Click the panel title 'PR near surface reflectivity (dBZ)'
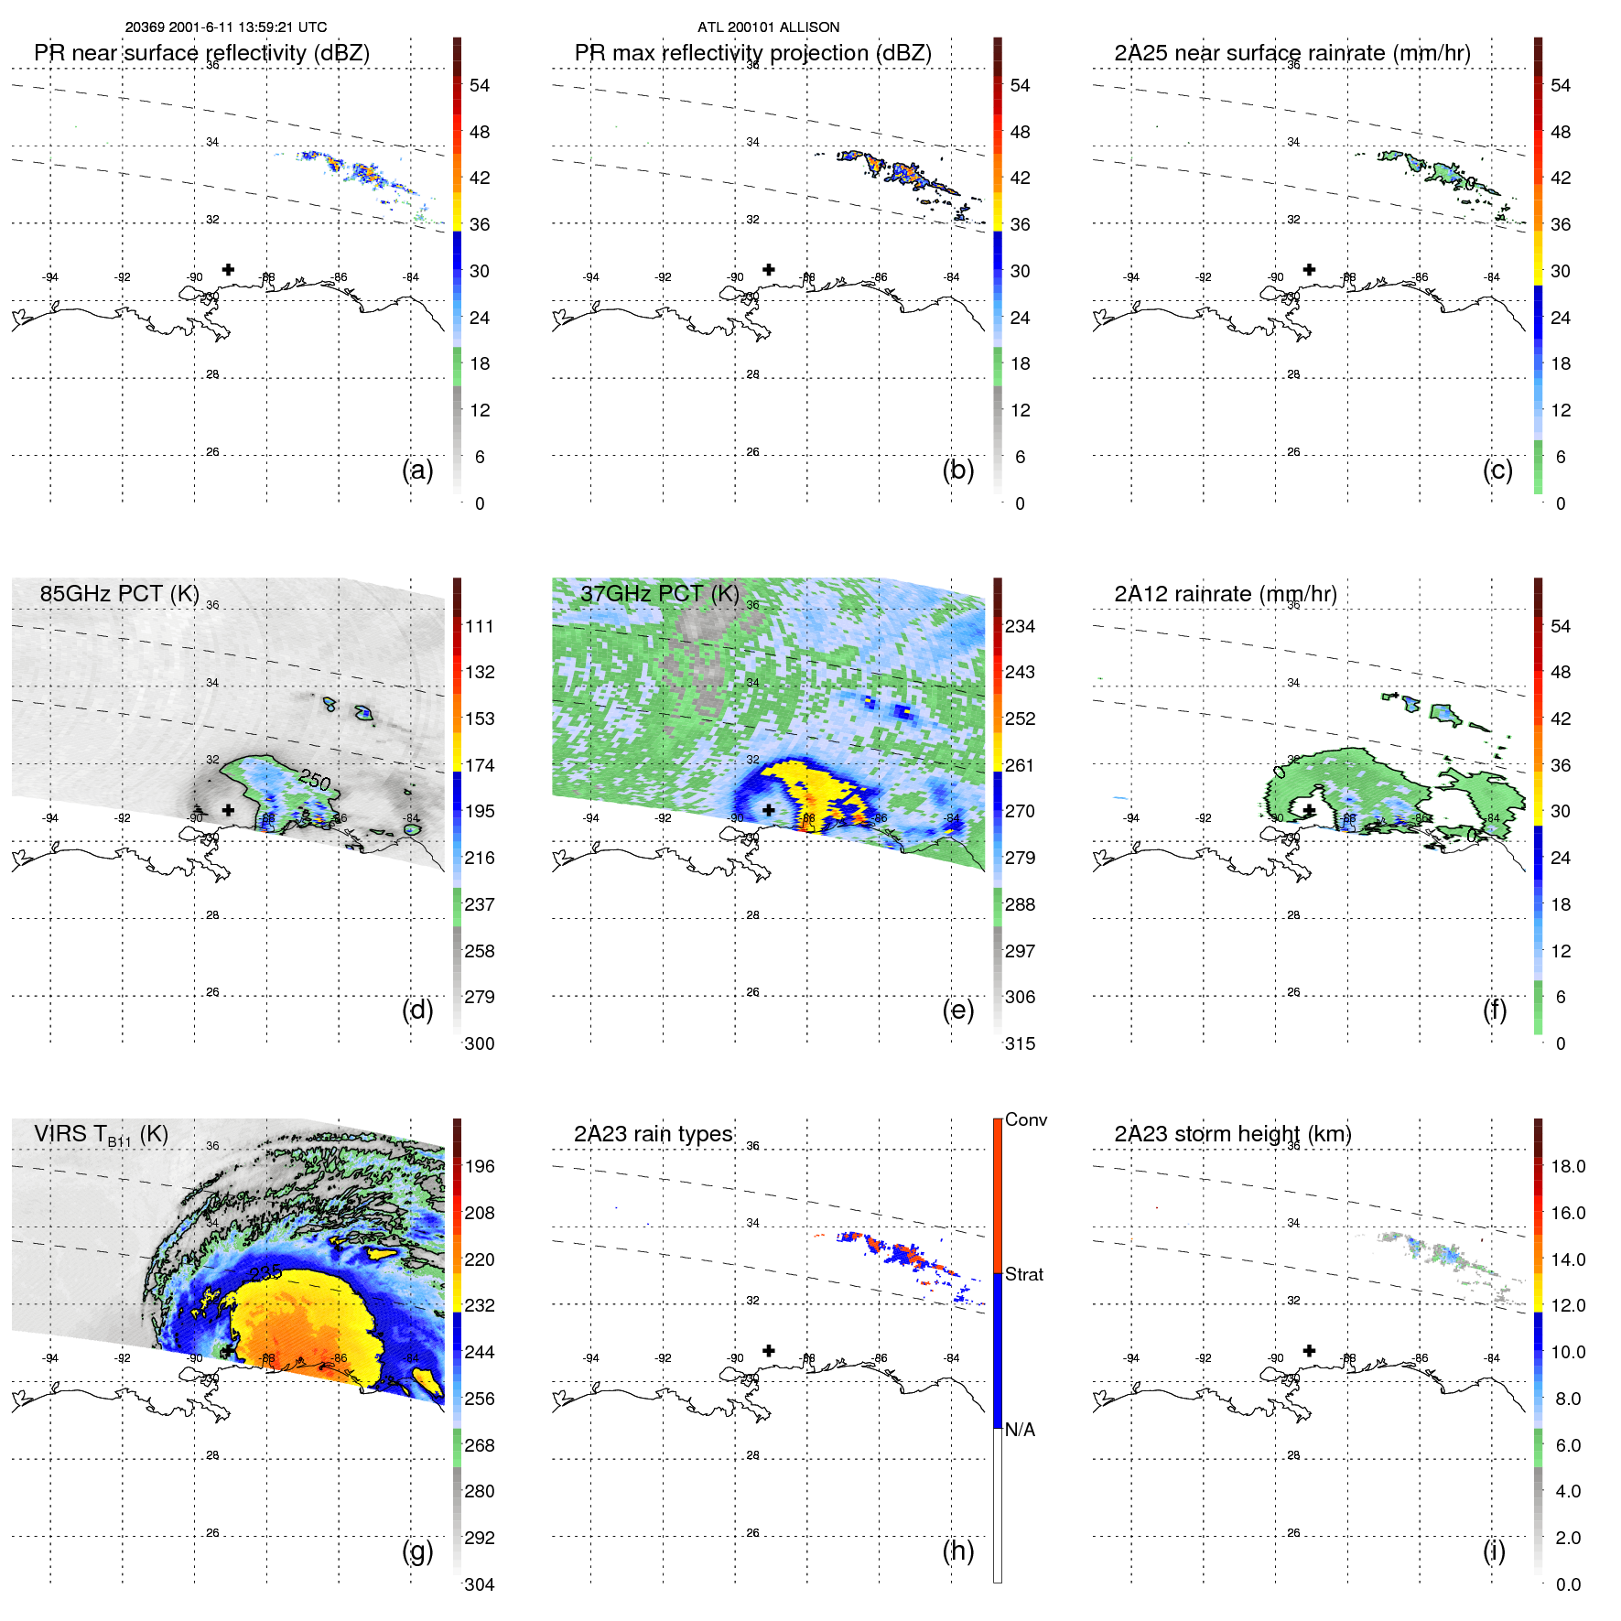(x=201, y=53)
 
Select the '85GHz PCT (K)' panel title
(x=119, y=593)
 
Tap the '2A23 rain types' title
(x=653, y=1134)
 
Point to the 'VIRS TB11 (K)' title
(x=101, y=1134)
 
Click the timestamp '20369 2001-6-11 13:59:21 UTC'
(x=226, y=27)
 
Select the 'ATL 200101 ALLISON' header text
(x=768, y=27)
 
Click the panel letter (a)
(x=417, y=470)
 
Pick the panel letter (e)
(x=957, y=1010)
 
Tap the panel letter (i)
(x=1494, y=1551)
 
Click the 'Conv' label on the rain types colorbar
(x=1025, y=1119)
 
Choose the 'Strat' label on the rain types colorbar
(x=1023, y=1274)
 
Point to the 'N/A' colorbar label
(x=1020, y=1430)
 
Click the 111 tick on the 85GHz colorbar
(x=480, y=626)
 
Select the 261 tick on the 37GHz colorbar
(x=1020, y=765)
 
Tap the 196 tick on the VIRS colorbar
(x=480, y=1166)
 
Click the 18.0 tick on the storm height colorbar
(x=1568, y=1166)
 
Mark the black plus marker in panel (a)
(x=228, y=269)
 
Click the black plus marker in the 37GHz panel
(x=769, y=810)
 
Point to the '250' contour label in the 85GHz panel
(x=314, y=780)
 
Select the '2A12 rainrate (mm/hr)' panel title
(x=1225, y=593)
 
